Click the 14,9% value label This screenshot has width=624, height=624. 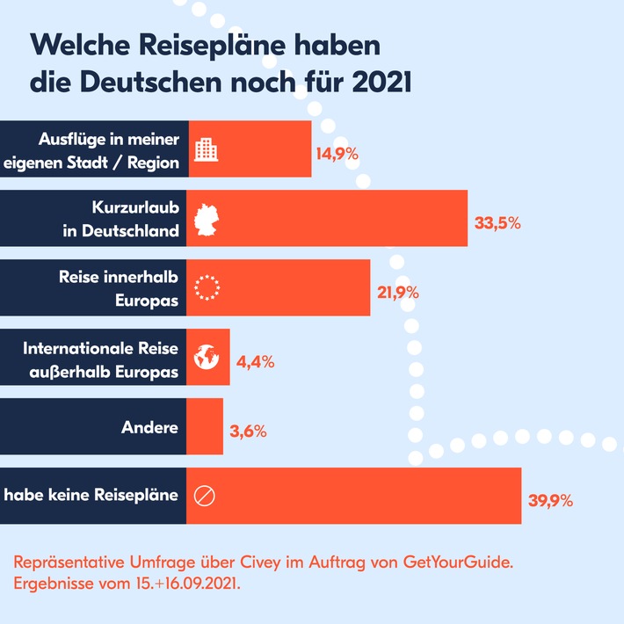click(x=337, y=152)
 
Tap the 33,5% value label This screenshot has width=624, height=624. click(x=497, y=222)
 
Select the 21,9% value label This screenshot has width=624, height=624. click(x=398, y=292)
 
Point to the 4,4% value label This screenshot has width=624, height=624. click(x=257, y=360)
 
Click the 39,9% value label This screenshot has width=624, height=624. click(x=550, y=501)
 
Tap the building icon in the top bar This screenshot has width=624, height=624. click(x=206, y=150)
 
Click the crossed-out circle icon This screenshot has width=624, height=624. click(x=203, y=497)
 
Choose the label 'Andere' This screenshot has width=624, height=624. click(x=149, y=428)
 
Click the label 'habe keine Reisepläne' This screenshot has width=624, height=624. click(x=91, y=496)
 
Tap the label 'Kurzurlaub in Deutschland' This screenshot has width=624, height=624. click(x=135, y=220)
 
